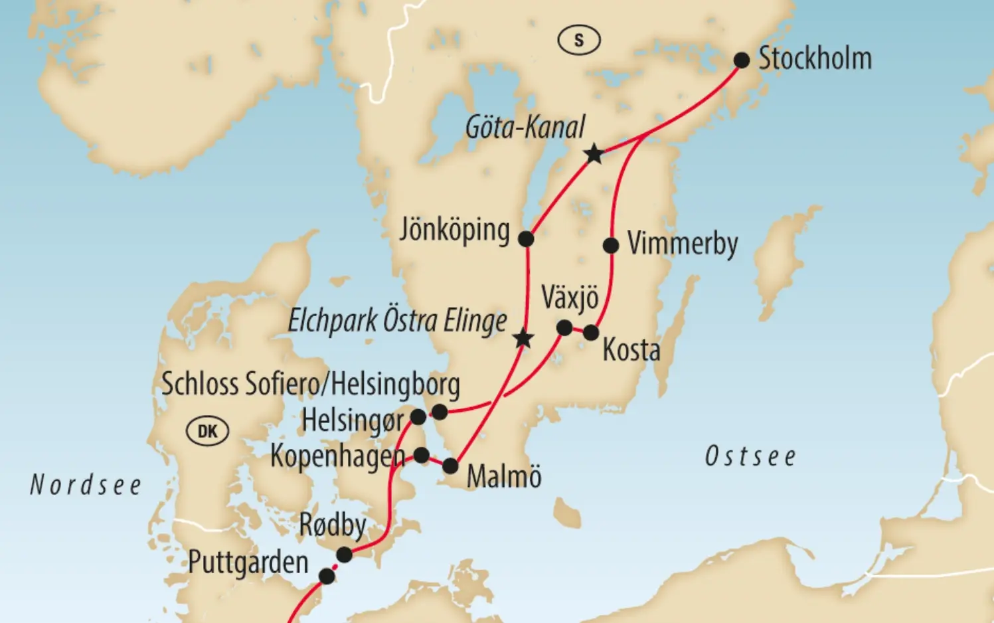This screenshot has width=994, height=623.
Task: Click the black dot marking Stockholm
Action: pos(742,60)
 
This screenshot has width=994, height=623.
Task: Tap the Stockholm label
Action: pos(815,58)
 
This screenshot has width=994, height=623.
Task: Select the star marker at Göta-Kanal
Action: pos(594,154)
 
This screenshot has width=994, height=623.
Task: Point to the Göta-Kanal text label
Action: pos(525,127)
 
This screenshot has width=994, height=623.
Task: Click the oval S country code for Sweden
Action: pos(579,41)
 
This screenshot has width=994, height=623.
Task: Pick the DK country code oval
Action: pos(208,431)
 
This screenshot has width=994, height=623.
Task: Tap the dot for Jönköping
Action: pos(526,238)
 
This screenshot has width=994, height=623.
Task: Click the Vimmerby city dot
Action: pos(611,246)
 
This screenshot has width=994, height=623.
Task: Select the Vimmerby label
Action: pos(683,244)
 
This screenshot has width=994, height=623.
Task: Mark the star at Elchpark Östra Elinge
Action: pos(523,339)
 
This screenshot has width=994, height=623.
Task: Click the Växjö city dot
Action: pos(564,327)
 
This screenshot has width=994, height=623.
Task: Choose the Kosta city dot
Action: pos(591,333)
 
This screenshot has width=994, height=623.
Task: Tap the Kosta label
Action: pos(631,351)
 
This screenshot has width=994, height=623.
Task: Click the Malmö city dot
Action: pos(450,466)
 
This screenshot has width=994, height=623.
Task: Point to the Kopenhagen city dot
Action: pos(422,455)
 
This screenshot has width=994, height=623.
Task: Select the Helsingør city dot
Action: pos(418,417)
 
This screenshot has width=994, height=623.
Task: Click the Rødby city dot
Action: pos(344,555)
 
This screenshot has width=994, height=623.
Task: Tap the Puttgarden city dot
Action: pos(327,576)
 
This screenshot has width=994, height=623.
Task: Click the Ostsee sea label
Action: pos(750,457)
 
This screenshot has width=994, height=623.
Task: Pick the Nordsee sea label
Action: pos(86,486)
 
